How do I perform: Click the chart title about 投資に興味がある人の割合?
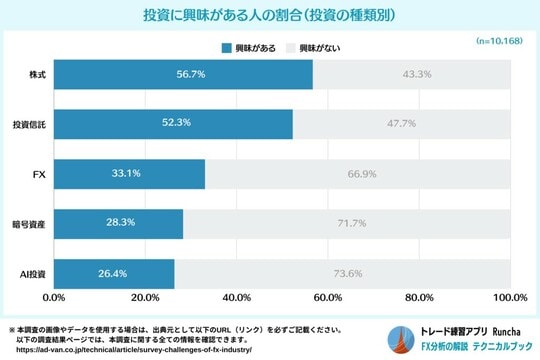270,17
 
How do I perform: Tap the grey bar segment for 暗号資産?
346,223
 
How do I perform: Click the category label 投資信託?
28,124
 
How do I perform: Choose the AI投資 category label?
30,273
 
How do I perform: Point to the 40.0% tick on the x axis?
236,297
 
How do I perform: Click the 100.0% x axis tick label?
509,297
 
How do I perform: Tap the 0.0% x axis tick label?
55,297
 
